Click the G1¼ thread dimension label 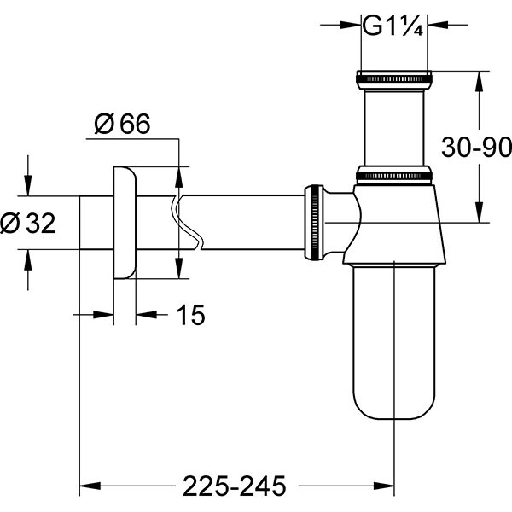pos(393,26)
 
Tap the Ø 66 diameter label pos(121,125)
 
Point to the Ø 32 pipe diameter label pos(29,224)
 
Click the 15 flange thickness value pos(192,316)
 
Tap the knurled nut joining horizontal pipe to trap pos(314,220)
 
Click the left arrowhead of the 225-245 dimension pos(86,485)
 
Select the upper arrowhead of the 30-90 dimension pos(478,79)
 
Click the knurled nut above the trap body pos(393,176)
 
